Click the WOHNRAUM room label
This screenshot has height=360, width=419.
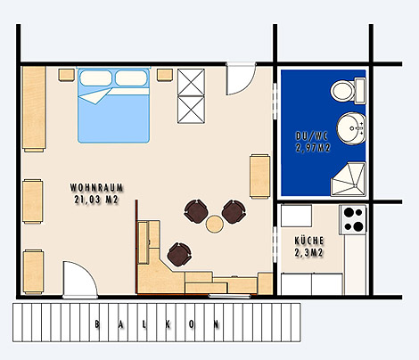(96, 188)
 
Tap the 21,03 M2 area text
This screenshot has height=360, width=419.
(96, 200)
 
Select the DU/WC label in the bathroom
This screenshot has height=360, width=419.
(312, 136)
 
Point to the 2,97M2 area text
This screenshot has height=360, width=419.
(313, 148)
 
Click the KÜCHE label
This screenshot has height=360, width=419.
(309, 241)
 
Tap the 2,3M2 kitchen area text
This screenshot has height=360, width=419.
(309, 253)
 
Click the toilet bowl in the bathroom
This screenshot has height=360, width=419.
(343, 91)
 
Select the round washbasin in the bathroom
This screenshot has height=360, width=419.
(351, 128)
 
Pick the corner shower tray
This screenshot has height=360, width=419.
(348, 179)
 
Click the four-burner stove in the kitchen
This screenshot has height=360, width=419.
(353, 220)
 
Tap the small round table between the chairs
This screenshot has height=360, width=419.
(214, 225)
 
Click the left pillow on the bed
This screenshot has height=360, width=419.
(95, 78)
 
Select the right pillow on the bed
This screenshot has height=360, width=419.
(131, 78)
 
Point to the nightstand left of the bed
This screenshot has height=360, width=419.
(67, 75)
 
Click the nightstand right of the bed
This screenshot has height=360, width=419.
(165, 75)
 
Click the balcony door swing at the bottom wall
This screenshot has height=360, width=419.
(80, 280)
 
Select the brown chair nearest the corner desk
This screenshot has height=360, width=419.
(179, 255)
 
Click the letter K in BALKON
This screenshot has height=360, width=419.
(168, 324)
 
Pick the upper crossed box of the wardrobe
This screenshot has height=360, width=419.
(191, 82)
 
